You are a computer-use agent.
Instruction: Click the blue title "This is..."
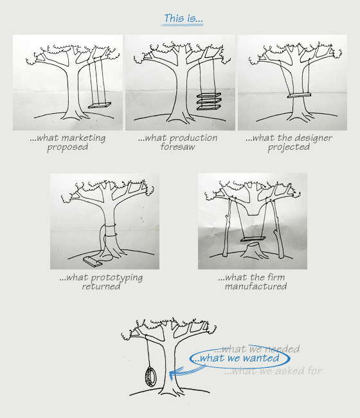click(x=183, y=18)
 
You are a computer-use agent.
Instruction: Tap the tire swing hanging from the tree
click(x=150, y=376)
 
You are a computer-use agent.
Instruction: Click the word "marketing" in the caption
click(x=84, y=138)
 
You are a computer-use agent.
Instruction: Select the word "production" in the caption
click(x=194, y=138)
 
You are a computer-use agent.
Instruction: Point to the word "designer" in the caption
click(x=313, y=138)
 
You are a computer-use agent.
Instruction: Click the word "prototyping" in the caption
click(x=117, y=278)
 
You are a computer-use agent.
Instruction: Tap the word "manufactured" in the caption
click(x=256, y=286)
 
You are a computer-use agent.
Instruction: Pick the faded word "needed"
click(x=283, y=349)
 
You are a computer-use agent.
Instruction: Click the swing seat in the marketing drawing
click(x=100, y=105)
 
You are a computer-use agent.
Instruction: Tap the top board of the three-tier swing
click(x=209, y=95)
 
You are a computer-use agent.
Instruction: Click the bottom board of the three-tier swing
click(x=209, y=107)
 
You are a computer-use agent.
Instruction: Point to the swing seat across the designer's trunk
click(x=299, y=95)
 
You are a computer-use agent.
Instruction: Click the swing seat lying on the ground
click(x=93, y=261)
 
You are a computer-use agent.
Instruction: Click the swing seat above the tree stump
click(x=253, y=239)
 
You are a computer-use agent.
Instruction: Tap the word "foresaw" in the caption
click(x=177, y=147)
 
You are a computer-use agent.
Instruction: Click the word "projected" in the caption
click(x=289, y=147)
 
